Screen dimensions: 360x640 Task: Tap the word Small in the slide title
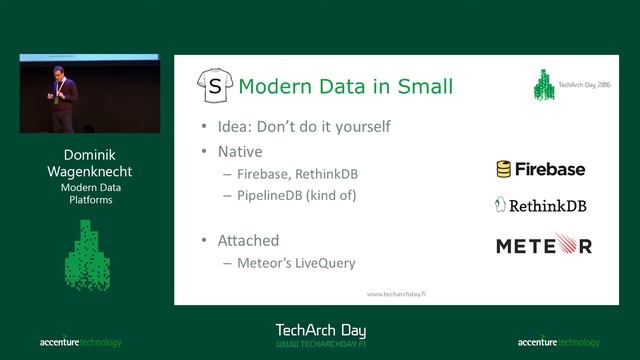point(420,86)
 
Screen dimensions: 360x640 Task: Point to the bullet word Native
point(243,152)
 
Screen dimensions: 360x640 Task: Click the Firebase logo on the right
point(541,169)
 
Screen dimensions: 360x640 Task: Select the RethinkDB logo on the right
point(541,206)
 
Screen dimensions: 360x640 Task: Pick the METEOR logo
point(544,245)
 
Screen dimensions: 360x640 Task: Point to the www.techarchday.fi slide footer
point(397,294)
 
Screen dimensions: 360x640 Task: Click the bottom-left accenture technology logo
point(81,342)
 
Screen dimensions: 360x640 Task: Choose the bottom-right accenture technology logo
point(559,342)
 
